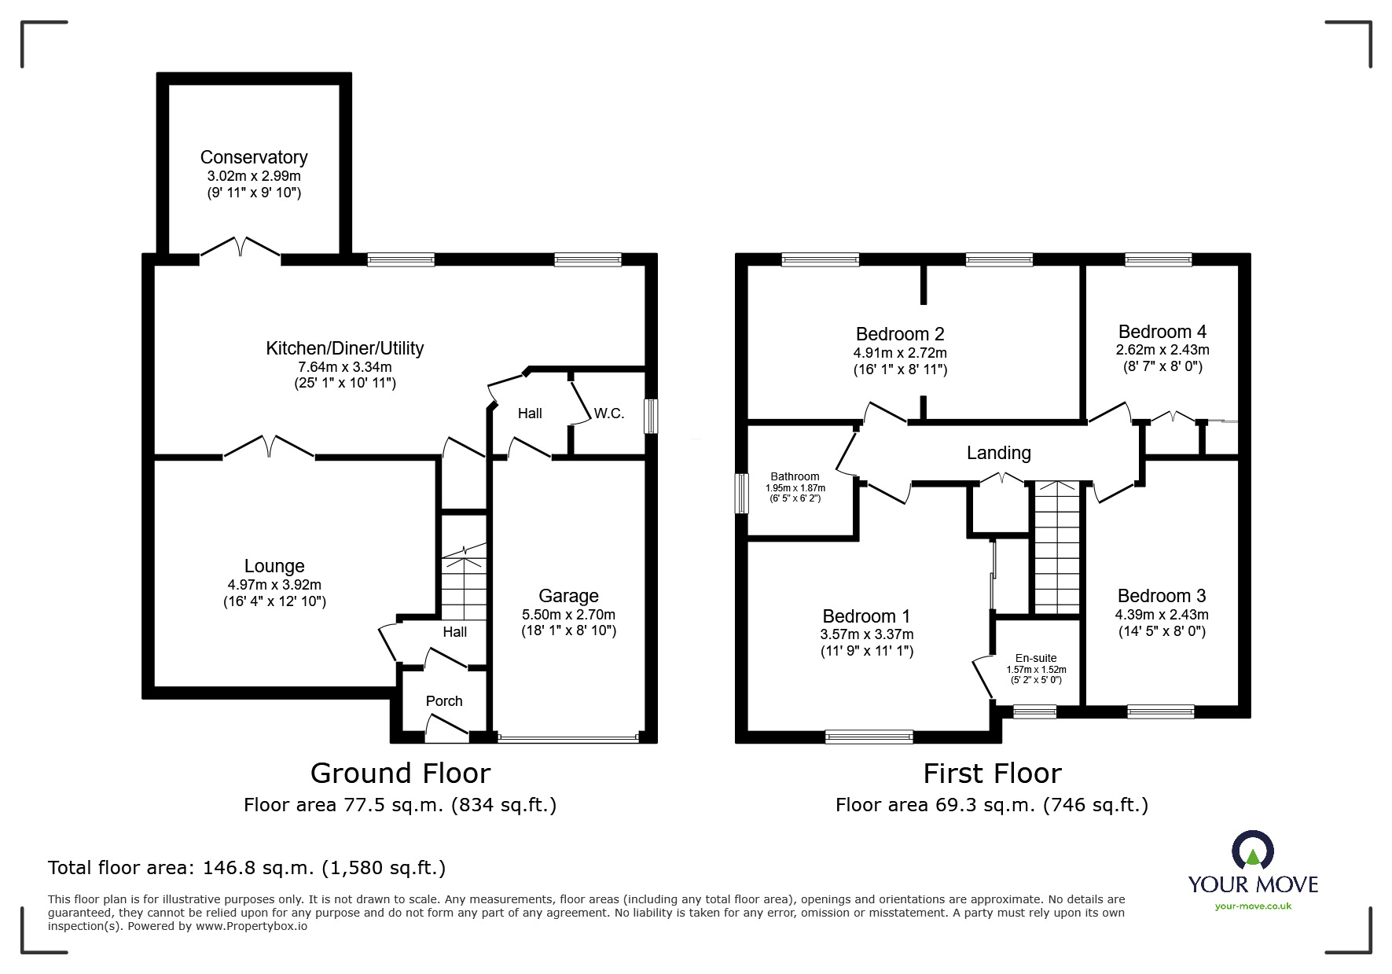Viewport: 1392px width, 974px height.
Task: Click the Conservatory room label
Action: (x=254, y=157)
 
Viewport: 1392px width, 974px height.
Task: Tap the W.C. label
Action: (x=609, y=413)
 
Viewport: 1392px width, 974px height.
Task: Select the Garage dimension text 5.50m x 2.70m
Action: (x=569, y=615)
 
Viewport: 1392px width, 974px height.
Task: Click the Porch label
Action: (x=444, y=701)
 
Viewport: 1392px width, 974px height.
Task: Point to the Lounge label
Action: (x=274, y=566)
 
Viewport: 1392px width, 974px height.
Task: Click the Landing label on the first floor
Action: (x=998, y=453)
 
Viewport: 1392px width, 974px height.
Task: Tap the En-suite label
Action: (x=1036, y=658)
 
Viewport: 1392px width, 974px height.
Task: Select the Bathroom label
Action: (x=795, y=476)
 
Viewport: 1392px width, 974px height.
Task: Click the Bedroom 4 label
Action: (x=1162, y=332)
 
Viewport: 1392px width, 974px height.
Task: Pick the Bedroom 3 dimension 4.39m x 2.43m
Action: (x=1162, y=615)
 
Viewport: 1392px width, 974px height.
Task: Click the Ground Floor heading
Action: (x=401, y=774)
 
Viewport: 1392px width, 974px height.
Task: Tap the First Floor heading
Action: (x=992, y=774)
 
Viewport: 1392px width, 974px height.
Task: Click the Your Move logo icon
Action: (x=1253, y=851)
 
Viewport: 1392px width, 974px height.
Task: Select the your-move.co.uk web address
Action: (x=1253, y=906)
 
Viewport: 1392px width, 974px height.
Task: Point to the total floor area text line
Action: (x=247, y=868)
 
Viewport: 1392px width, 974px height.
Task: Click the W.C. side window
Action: (x=651, y=417)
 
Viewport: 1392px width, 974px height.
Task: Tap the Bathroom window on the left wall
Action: (x=741, y=494)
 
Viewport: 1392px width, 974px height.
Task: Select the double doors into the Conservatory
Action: (x=240, y=247)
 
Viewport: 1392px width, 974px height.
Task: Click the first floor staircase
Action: (x=1057, y=548)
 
